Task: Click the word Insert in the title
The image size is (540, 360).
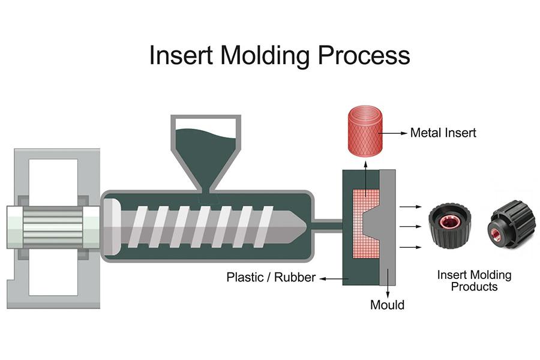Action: (x=181, y=55)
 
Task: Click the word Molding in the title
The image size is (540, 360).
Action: (x=266, y=55)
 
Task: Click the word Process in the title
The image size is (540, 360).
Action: (x=364, y=55)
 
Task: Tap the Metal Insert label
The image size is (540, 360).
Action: (x=443, y=133)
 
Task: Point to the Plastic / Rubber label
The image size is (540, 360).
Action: (x=271, y=278)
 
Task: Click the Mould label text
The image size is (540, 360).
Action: (x=387, y=305)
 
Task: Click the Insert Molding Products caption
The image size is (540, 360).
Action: (x=474, y=281)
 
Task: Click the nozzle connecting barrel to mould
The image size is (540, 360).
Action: (x=328, y=226)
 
